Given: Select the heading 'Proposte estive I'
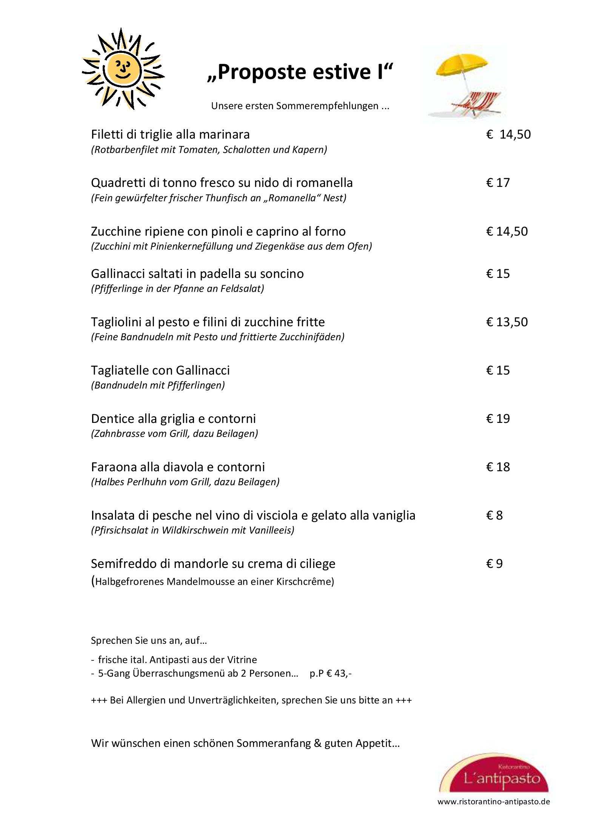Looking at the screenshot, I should pyautogui.click(x=300, y=72).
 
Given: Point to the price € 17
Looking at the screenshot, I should pyautogui.click(x=498, y=183).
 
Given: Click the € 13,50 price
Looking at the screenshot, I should pyautogui.click(x=507, y=322).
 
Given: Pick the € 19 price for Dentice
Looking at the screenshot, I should pyautogui.click(x=498, y=419).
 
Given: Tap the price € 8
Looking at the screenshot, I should pyautogui.click(x=494, y=515).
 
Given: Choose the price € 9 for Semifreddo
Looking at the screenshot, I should pyautogui.click(x=494, y=564).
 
